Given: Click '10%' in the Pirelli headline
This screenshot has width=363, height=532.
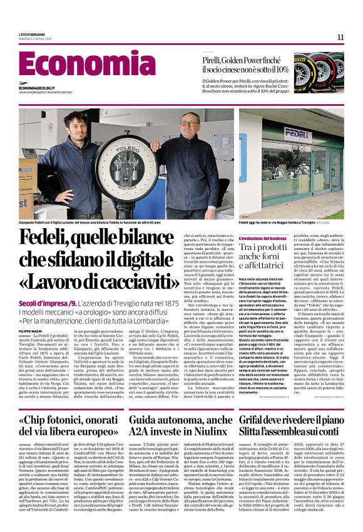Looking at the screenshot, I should tap(279, 70).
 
